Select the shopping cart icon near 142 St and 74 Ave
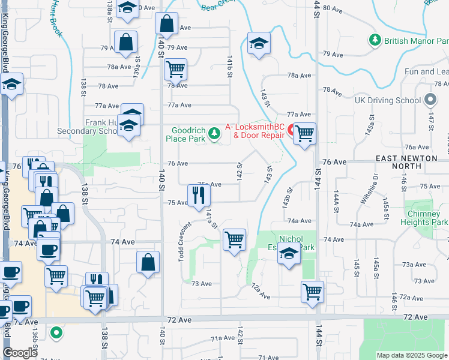coord(234,239)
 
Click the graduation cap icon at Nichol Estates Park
coord(289,254)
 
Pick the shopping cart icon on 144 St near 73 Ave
coord(312,292)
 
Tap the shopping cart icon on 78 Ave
coord(175,69)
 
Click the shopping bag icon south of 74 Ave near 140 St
coord(148,262)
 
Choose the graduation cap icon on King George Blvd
coord(11,85)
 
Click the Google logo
coord(20,352)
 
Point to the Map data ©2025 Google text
coord(411,355)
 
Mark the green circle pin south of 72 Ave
coord(56,331)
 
